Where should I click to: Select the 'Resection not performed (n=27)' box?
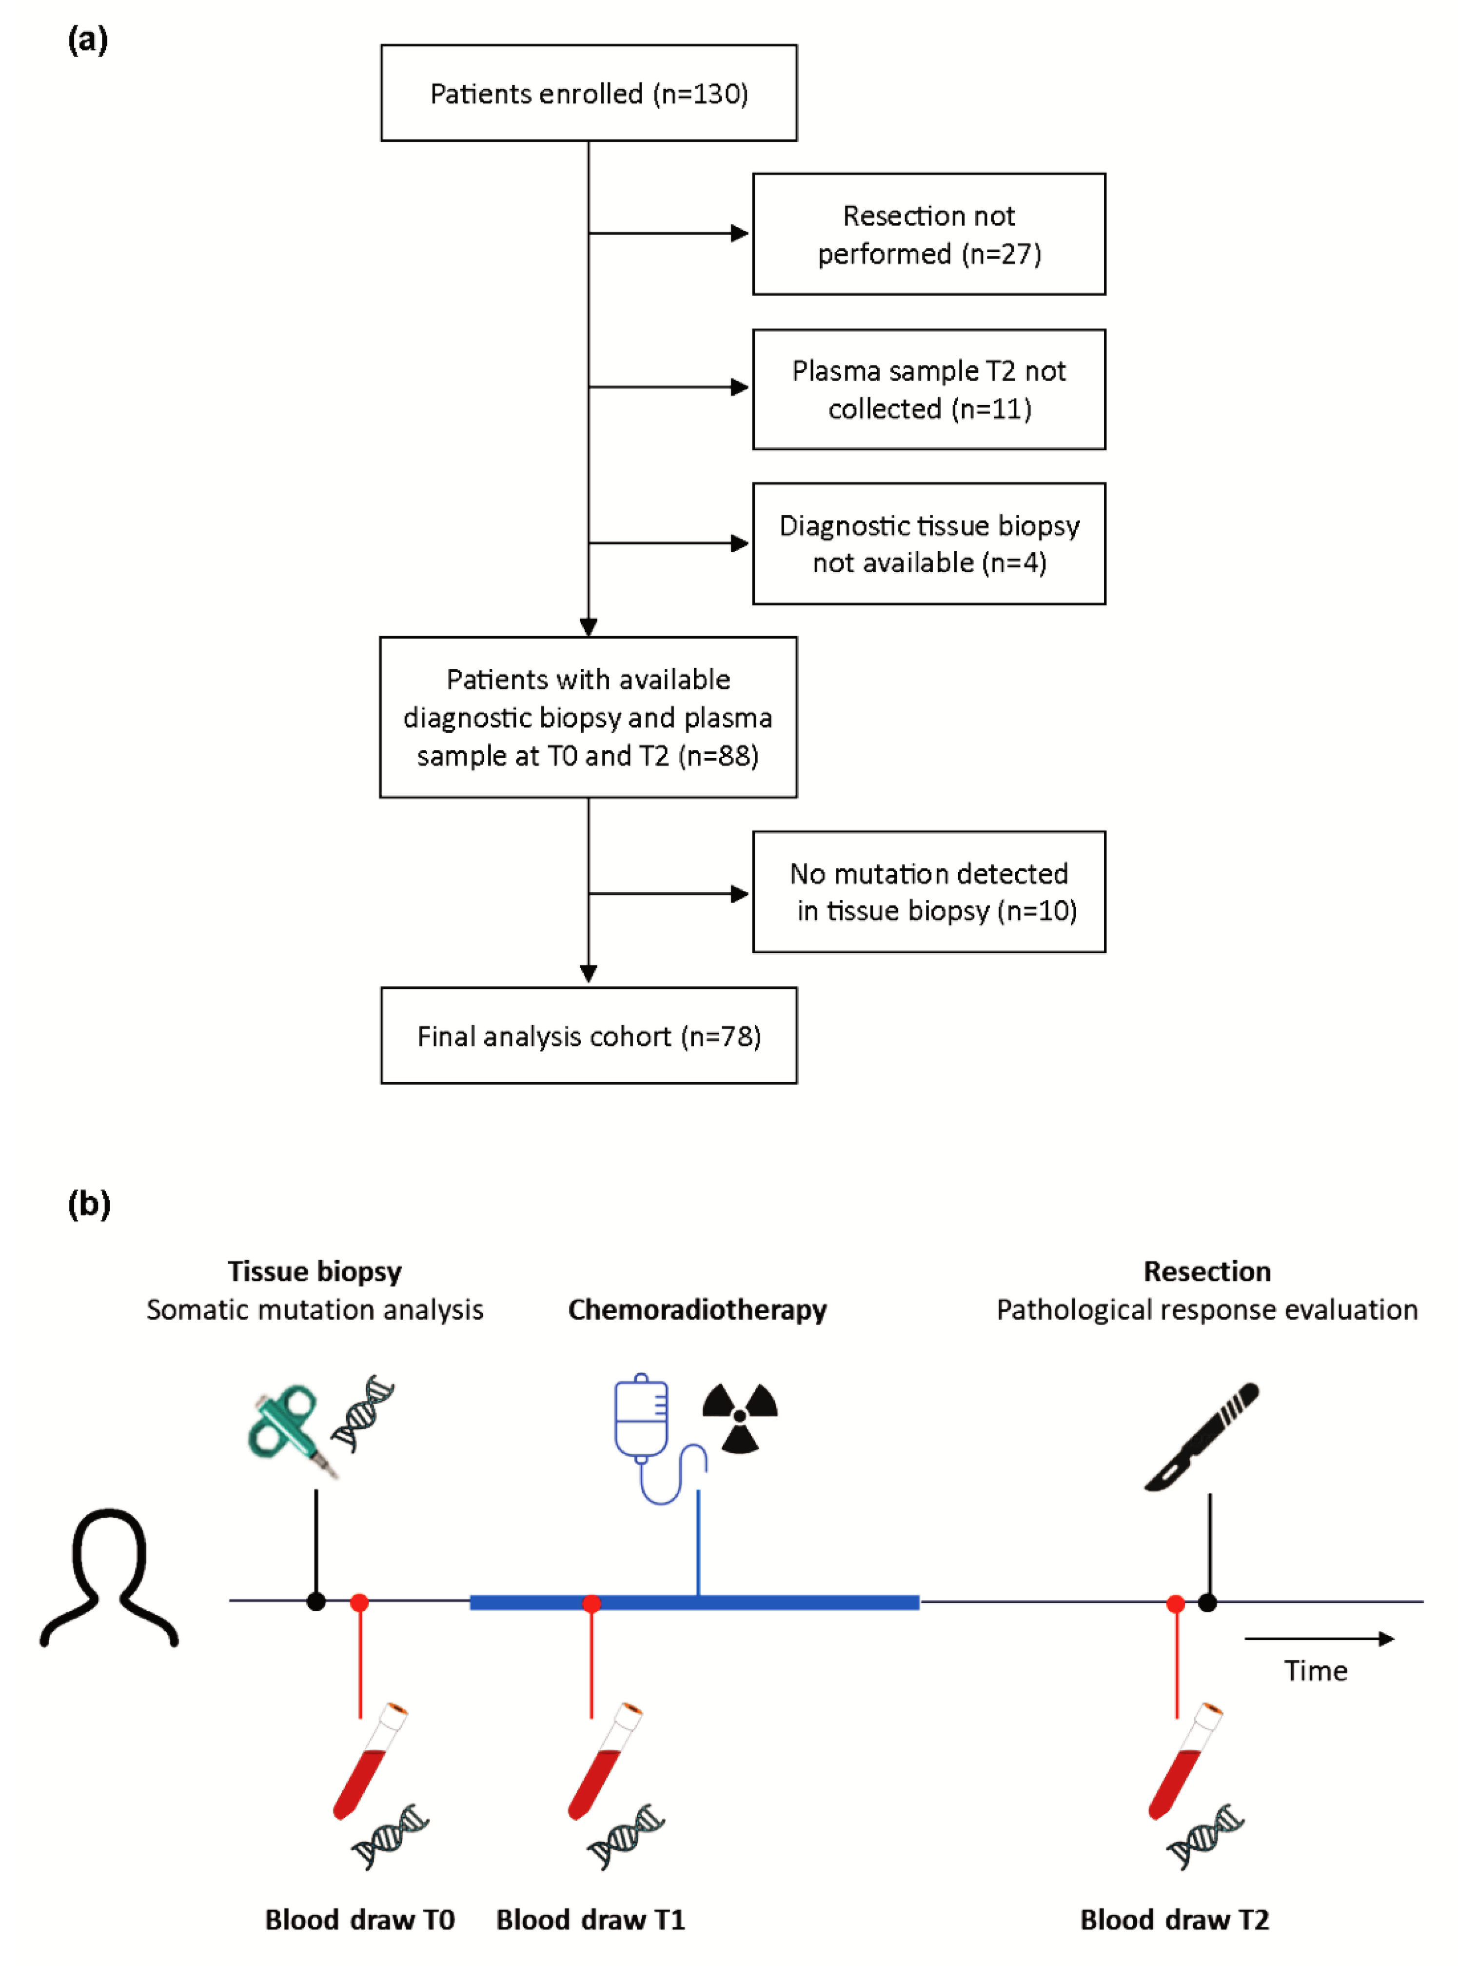(928, 234)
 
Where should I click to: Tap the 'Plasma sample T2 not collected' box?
(928, 389)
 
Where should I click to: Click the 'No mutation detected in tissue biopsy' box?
(928, 892)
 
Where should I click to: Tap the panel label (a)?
(87, 40)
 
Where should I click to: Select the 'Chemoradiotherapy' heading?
(697, 1309)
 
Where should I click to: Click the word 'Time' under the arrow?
(1315, 1670)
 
